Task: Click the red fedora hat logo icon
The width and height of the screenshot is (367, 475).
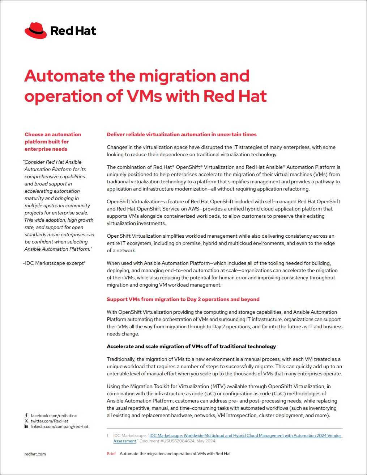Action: click(x=35, y=30)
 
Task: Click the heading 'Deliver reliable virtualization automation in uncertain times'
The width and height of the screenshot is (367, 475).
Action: click(x=182, y=134)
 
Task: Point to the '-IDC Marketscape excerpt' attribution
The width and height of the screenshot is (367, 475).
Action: click(x=54, y=263)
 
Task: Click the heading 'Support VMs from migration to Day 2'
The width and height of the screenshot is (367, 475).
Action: click(x=183, y=299)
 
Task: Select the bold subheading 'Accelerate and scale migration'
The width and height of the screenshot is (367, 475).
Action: click(x=191, y=346)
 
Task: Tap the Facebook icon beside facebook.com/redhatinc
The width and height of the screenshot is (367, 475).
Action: click(x=26, y=416)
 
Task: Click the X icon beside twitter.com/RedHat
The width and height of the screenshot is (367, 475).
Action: click(x=26, y=421)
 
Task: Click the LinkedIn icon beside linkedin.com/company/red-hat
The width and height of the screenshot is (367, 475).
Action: click(x=26, y=426)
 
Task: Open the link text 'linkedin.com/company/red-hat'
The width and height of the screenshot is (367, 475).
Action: click(x=59, y=426)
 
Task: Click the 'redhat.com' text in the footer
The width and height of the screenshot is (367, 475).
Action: click(x=35, y=454)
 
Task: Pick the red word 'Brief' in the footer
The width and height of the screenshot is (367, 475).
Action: click(x=111, y=454)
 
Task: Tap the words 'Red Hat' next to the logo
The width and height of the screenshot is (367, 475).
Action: click(x=73, y=31)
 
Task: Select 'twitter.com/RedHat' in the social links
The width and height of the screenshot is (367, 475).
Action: click(x=49, y=421)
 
